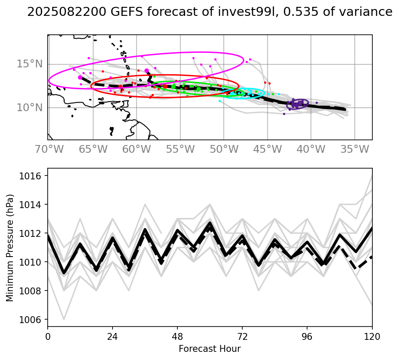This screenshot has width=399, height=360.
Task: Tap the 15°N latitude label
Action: pos(30,64)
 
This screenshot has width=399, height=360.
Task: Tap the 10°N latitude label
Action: pos(30,108)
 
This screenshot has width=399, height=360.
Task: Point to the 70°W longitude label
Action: pos(47,150)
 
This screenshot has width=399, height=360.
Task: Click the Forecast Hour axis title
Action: pos(210,348)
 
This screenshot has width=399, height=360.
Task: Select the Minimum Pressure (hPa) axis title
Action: pos(10,248)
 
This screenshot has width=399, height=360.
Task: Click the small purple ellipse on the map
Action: pos(297,104)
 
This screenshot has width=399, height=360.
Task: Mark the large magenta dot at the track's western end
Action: pos(80,77)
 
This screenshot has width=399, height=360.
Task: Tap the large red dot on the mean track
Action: pos(165,87)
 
